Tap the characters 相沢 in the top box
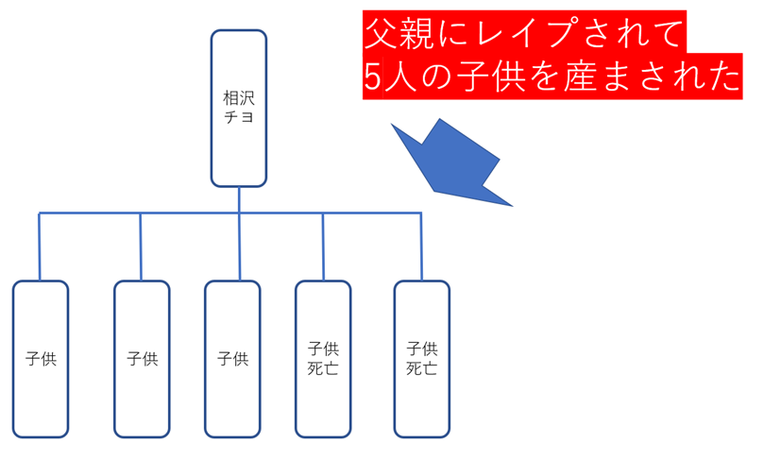(238, 97)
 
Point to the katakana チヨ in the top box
(238, 118)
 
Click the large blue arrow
(449, 161)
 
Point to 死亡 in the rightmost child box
(421, 368)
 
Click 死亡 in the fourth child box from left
(323, 368)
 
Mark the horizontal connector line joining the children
(189, 214)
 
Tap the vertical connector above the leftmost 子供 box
(40, 247)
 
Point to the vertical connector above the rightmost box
(421, 247)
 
